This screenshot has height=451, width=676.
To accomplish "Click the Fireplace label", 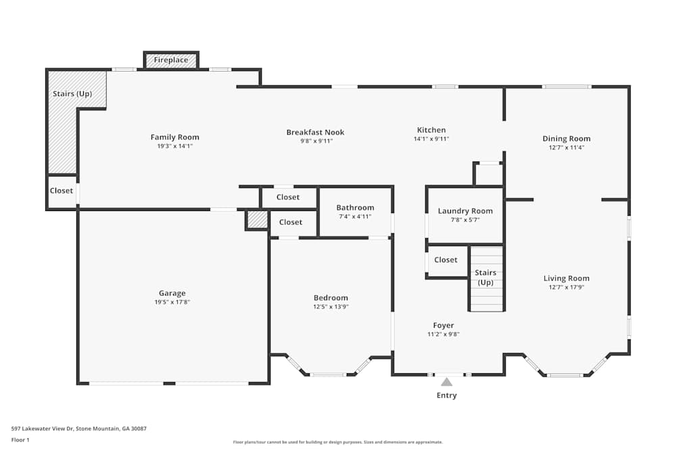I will coord(171,60).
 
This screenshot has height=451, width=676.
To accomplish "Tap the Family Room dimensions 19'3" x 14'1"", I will coord(174,145).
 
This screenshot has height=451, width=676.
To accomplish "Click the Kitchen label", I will coord(431,130).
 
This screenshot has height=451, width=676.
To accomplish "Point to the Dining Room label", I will coord(566,139).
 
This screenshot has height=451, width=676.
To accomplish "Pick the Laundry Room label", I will coord(465,211).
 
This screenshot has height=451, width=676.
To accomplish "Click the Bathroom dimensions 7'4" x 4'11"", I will coord(355,216).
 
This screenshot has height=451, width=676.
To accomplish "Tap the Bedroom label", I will coord(331,298).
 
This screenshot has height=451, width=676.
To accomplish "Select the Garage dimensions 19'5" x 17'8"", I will coord(172,302).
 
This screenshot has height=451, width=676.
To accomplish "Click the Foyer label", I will coord(443,325).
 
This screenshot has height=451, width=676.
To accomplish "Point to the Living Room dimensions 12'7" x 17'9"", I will coord(566,287).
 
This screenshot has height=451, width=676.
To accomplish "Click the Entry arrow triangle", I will coord(447,382).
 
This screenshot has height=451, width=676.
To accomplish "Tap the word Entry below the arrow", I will coord(447,396).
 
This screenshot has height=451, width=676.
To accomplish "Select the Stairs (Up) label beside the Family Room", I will coord(72,94).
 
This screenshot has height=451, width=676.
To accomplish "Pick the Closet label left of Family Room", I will coord(62,191).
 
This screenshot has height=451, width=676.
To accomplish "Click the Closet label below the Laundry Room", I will coord(446,260).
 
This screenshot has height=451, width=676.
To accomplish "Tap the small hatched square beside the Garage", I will coord(257,220).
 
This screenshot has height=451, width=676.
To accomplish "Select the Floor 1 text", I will coord(20,440).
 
